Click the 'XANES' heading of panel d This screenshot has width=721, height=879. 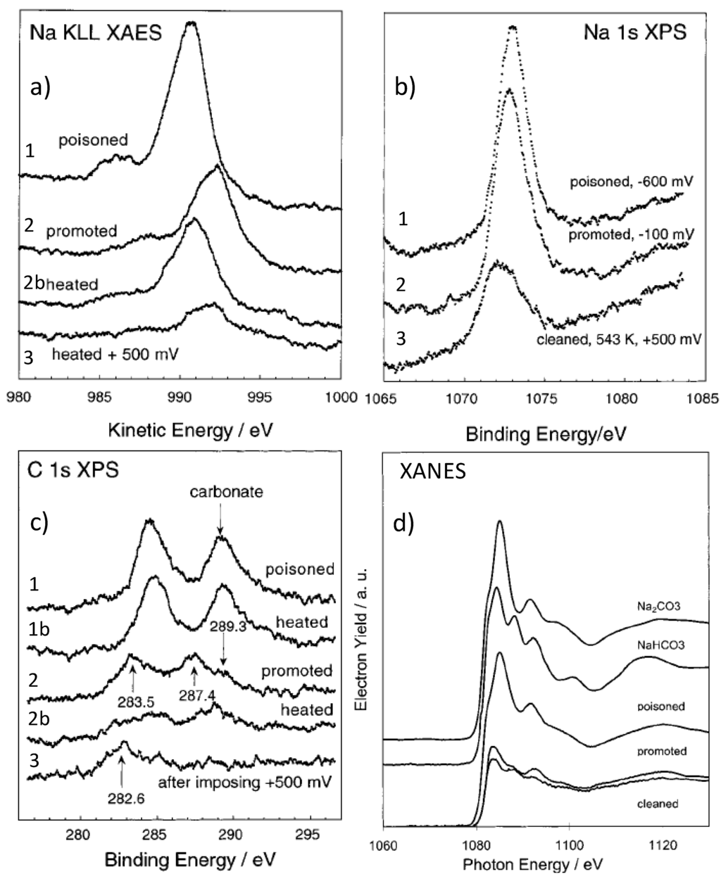tap(432, 472)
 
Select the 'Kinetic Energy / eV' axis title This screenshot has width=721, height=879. tap(179, 427)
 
